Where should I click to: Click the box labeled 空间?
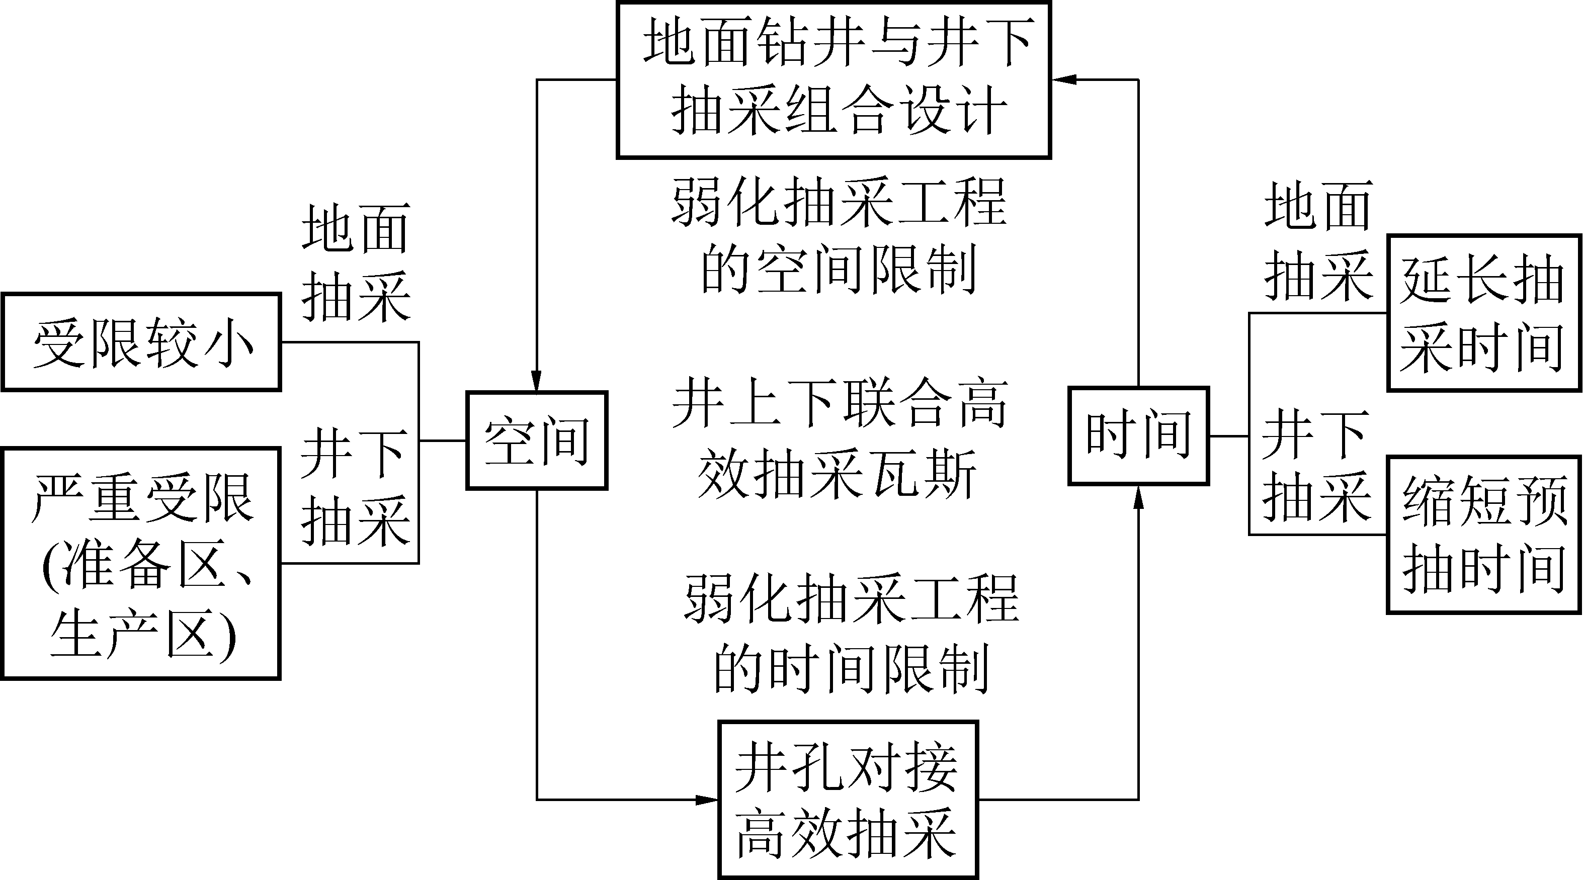click(x=537, y=440)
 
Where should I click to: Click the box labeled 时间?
click(x=1139, y=435)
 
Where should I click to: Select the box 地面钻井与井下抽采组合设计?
click(x=834, y=80)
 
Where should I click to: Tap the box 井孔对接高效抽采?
click(x=848, y=800)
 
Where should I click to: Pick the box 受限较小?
click(x=141, y=342)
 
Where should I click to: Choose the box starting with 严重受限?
click(x=141, y=563)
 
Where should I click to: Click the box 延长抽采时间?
click(x=1483, y=313)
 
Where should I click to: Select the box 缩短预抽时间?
click(x=1483, y=535)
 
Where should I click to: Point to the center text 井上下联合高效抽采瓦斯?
click(x=839, y=439)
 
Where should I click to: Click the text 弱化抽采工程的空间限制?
click(x=839, y=235)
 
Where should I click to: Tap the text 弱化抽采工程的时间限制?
click(x=851, y=634)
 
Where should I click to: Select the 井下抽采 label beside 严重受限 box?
click(x=355, y=487)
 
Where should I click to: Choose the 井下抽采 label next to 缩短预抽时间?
click(x=1316, y=465)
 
